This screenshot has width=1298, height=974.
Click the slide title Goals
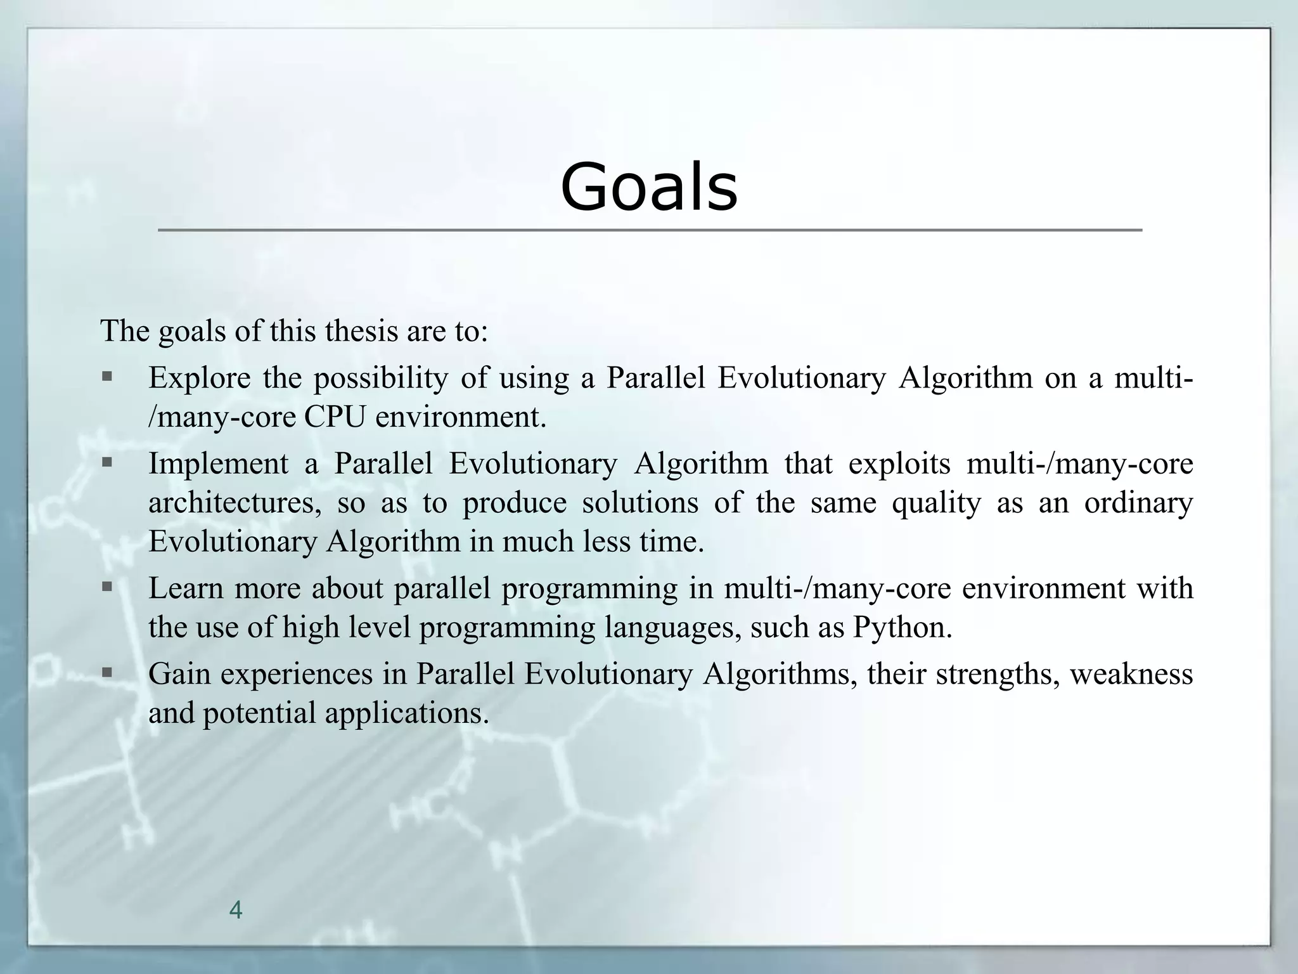coord(649,187)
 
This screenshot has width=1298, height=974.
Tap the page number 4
coord(235,910)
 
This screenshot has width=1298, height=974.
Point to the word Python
coord(903,627)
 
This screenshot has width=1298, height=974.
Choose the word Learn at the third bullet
coord(186,588)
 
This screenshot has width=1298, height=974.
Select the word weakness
coord(1131,673)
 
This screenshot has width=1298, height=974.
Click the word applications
coord(407,713)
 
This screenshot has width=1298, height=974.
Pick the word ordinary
coord(1138,503)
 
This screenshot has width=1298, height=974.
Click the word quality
coord(936,503)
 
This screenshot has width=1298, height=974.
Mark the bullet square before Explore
coord(106,377)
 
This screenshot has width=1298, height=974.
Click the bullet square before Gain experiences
coord(106,672)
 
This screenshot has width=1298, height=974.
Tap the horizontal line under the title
coord(649,230)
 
